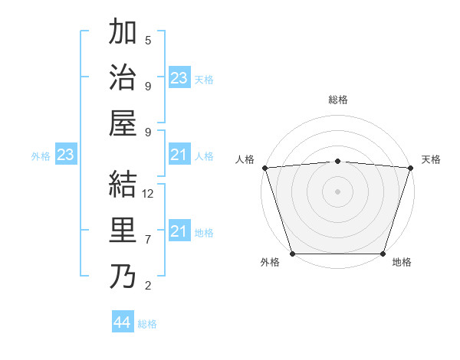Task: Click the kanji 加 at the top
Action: click(x=123, y=34)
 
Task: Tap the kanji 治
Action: click(x=123, y=78)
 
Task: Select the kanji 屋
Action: click(x=123, y=123)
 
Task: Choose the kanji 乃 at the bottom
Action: click(x=123, y=277)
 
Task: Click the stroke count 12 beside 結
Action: click(x=148, y=195)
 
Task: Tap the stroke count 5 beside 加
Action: click(x=148, y=41)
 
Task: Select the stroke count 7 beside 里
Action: click(x=148, y=240)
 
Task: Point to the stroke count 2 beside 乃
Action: click(x=148, y=286)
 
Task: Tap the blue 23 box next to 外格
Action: click(x=65, y=155)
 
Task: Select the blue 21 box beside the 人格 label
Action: click(x=179, y=155)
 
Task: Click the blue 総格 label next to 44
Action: click(x=147, y=324)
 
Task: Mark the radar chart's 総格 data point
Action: click(x=337, y=161)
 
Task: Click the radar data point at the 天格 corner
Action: click(x=410, y=168)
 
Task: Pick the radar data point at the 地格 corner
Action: click(x=383, y=254)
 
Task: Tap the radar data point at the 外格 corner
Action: click(x=292, y=254)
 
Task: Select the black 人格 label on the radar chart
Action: click(x=245, y=159)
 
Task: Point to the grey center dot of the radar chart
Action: click(x=337, y=191)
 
